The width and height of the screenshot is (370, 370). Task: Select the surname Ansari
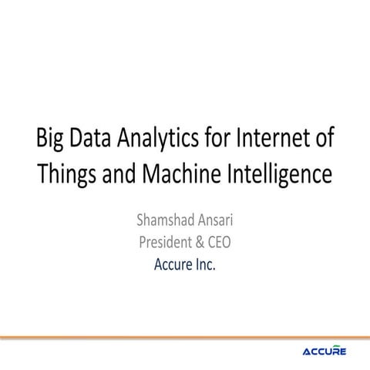(217, 218)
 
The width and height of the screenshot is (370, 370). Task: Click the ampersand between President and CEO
(202, 242)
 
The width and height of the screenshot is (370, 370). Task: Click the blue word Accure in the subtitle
(175, 266)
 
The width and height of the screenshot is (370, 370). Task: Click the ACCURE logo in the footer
(324, 351)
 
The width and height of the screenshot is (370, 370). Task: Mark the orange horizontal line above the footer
(185, 338)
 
